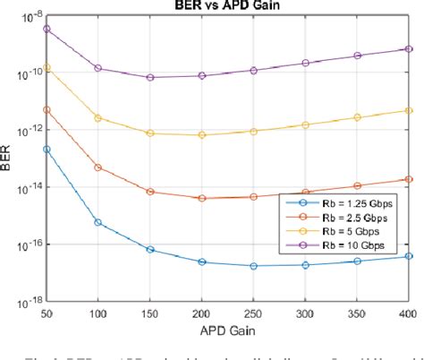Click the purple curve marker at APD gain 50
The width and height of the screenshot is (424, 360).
pyautogui.click(x=46, y=29)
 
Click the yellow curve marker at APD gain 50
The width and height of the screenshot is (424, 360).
pyautogui.click(x=46, y=67)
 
